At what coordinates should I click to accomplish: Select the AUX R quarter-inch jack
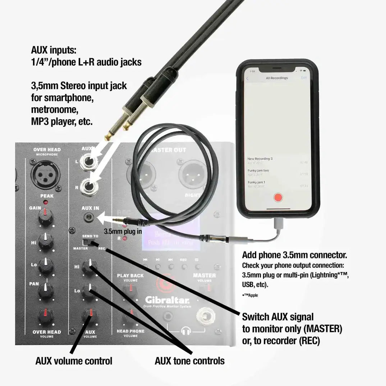pos(88,186)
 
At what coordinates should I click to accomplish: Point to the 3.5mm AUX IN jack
pos(89,217)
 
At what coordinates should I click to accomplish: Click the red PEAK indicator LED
pos(46,203)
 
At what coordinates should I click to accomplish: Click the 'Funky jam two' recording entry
pos(258,170)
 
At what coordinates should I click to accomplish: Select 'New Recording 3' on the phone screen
pos(259,158)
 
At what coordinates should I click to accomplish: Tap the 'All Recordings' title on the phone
pos(277,78)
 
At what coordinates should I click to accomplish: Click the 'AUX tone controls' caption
pos(189,360)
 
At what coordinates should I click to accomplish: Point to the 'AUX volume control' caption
pos(74,360)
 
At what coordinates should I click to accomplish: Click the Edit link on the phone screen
pos(304,78)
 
